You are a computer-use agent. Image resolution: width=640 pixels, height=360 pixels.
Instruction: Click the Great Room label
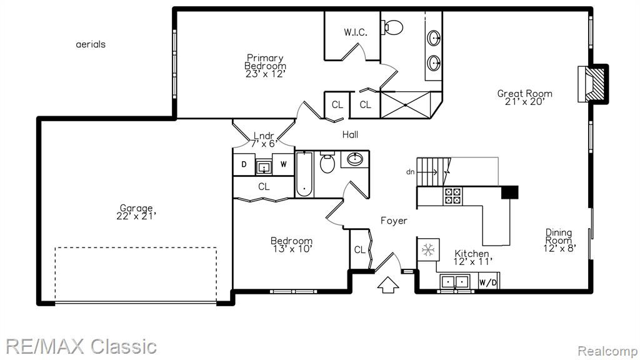pyautogui.click(x=524, y=94)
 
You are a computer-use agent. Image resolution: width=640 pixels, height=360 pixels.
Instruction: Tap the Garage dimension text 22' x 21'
pyautogui.click(x=136, y=216)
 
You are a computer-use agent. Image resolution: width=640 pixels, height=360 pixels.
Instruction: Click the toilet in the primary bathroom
pyautogui.click(x=392, y=27)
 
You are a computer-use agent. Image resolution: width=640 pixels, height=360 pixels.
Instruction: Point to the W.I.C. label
pyautogui.click(x=356, y=32)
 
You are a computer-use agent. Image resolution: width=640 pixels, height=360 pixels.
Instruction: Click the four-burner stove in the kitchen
pyautogui.click(x=453, y=196)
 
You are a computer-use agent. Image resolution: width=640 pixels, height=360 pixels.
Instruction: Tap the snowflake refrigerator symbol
pyautogui.click(x=428, y=249)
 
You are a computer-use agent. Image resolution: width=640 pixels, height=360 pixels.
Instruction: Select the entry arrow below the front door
pyautogui.click(x=387, y=284)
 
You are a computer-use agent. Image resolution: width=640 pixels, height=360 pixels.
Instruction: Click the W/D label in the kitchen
pyautogui.click(x=488, y=282)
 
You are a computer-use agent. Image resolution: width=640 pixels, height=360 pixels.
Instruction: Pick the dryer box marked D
pyautogui.click(x=244, y=164)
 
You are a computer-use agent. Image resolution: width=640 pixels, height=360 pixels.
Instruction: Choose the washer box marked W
pyautogui.click(x=283, y=164)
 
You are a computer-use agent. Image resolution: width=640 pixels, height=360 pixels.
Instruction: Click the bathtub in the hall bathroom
pyautogui.click(x=304, y=174)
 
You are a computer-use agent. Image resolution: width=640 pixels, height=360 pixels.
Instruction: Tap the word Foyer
pyautogui.click(x=394, y=221)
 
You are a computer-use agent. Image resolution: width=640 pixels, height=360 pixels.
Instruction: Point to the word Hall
pyautogui.click(x=350, y=134)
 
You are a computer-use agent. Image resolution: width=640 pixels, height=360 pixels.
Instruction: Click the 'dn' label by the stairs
pyautogui.click(x=410, y=172)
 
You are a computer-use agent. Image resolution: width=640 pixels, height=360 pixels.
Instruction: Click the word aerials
pyautogui.click(x=91, y=44)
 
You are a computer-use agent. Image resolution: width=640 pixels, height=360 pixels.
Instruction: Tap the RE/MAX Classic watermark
pyautogui.click(x=81, y=346)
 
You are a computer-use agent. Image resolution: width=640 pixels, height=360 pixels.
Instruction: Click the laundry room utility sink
pyautogui.click(x=264, y=167)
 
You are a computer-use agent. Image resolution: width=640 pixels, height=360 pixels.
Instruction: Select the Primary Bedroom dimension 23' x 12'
pyautogui.click(x=265, y=74)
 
